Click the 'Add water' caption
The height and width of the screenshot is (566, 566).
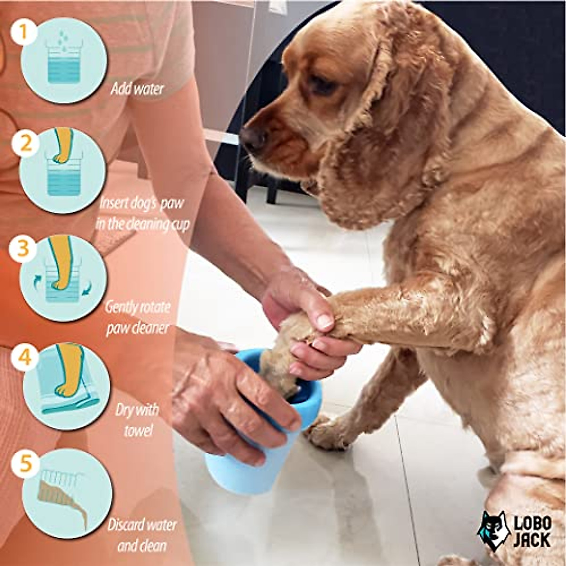[x=137, y=89]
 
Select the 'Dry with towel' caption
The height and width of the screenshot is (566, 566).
[x=137, y=419]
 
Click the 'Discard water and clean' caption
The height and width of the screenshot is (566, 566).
[x=141, y=535]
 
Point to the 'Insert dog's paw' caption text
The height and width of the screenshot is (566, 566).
[x=141, y=204]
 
